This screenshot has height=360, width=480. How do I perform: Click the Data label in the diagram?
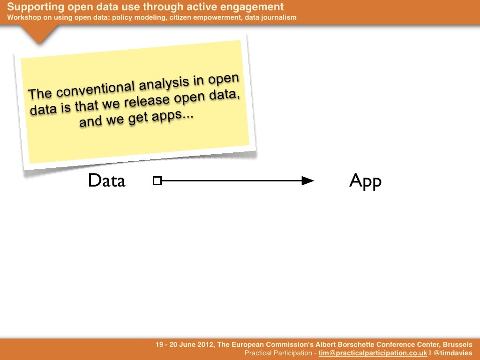point(106,180)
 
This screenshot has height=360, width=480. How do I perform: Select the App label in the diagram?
point(365,181)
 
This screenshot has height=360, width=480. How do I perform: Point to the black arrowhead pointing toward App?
point(307,180)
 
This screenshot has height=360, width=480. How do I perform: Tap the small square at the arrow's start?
point(157,180)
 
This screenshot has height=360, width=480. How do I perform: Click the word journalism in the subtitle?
point(280,18)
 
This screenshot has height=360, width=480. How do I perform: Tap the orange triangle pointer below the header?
point(39,34)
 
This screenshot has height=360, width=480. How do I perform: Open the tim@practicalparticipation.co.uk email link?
point(373,353)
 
